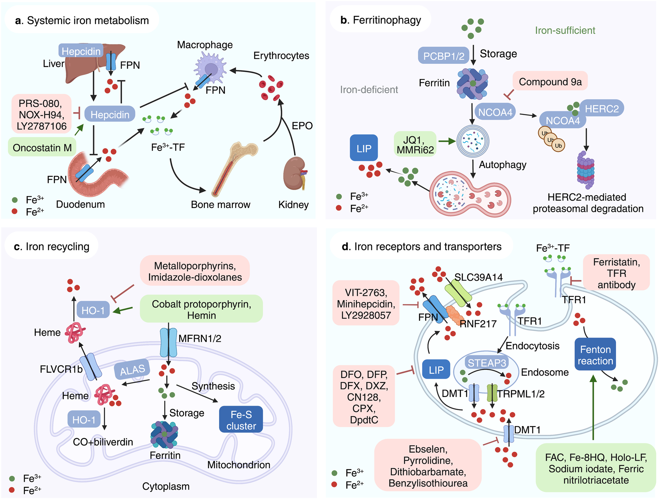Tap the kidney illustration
[x=294, y=173]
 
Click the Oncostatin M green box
[x=42, y=148]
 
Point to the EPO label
[x=302, y=126]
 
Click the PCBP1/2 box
[x=444, y=56]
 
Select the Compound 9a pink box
[x=550, y=82]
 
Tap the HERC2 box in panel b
[x=601, y=109]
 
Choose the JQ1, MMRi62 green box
[x=415, y=145]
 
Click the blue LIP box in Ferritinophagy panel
[x=364, y=149]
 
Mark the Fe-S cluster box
[x=241, y=420]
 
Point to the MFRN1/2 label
[x=200, y=338]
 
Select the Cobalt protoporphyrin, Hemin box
[x=201, y=309]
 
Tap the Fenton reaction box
[x=595, y=355]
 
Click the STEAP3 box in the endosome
[x=487, y=363]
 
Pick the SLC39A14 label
[x=478, y=277]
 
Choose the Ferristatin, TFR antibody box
[x=616, y=273]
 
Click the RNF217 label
[x=478, y=324]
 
